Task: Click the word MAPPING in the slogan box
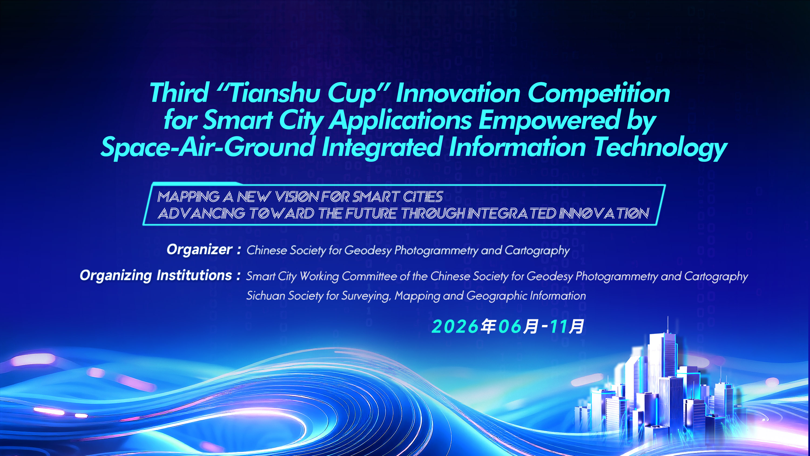pos(189,197)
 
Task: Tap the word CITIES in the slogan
pos(423,197)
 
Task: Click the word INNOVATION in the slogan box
pos(604,214)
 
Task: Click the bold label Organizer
pos(200,250)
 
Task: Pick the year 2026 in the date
pos(455,326)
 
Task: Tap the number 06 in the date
pos(510,326)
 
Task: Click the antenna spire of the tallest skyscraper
pos(667,324)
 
